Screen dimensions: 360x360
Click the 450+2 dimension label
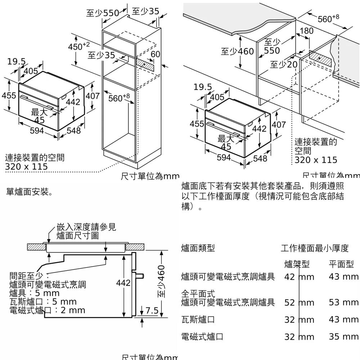click(78, 46)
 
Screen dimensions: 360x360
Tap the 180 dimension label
click(306, 31)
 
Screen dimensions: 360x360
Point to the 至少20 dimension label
click(284, 64)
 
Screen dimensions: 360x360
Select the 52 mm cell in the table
click(299, 303)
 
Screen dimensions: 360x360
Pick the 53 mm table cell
click(343, 302)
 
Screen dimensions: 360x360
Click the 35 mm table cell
click(343, 337)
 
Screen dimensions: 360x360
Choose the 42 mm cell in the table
click(299, 277)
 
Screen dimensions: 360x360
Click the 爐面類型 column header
click(198, 248)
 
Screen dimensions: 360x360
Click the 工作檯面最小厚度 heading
click(315, 248)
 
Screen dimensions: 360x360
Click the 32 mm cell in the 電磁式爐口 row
click(299, 337)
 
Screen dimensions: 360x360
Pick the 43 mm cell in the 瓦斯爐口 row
click(343, 319)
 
